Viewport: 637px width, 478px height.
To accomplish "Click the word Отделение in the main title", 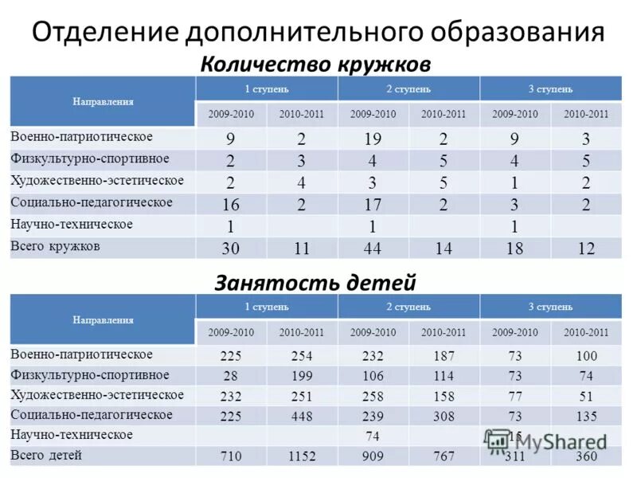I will point(104,33).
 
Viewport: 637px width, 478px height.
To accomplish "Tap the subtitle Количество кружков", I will point(316,63).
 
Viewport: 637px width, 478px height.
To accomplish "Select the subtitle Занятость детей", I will point(316,282).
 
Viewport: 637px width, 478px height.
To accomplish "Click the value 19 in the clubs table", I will point(373,139).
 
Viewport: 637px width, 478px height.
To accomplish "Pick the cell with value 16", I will point(231,205).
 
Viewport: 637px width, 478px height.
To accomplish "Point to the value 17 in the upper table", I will point(373,205).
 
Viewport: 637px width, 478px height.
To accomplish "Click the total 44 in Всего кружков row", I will point(373,249).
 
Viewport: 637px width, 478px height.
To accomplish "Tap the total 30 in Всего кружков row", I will point(231,249).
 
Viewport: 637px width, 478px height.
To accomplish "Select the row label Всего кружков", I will point(55,246).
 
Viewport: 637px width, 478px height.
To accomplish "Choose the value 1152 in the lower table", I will point(302,457).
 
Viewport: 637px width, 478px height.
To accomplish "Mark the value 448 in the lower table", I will point(302,416).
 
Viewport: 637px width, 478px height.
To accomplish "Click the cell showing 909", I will point(373,457).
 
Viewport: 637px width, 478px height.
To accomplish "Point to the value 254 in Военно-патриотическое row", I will point(302,355).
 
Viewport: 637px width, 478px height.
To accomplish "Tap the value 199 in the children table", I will point(302,376).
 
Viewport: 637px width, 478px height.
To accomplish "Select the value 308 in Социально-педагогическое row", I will point(444,416).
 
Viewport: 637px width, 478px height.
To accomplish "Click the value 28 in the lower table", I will point(231,376).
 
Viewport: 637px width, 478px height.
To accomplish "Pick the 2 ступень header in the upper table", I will point(408,88).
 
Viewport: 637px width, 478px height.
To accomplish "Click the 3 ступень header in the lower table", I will point(550,307).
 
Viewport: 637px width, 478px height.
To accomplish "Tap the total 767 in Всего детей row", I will point(444,457).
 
